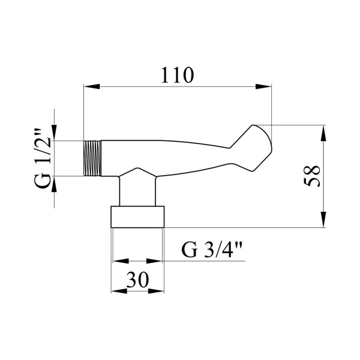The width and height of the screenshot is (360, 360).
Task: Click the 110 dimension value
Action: pos(178,76)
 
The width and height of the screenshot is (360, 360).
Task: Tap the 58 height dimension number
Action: pos(311,176)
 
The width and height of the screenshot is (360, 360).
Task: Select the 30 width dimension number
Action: pos(137,280)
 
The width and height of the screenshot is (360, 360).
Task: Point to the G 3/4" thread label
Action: pos(211,250)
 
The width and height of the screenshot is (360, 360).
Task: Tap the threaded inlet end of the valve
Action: pos(92,158)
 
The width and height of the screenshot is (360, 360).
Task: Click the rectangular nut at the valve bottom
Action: pos(137,217)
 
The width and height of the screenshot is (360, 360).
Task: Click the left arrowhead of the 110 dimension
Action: pos(92,86)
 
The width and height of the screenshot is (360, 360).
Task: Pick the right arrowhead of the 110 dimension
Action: pos(263,86)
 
